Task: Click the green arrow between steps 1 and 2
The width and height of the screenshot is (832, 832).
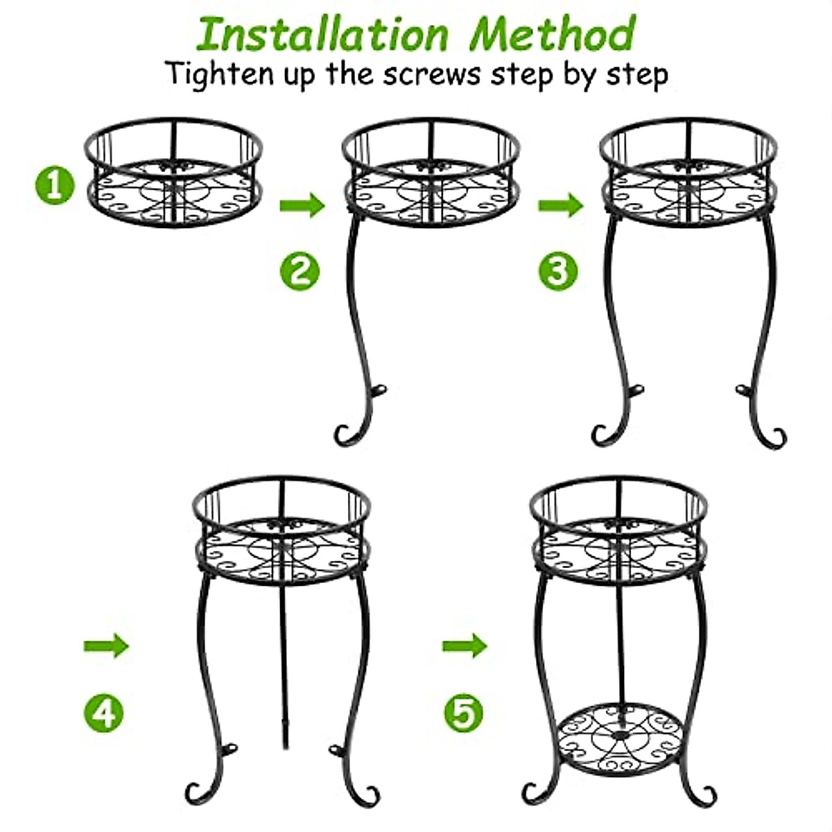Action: pyautogui.click(x=302, y=205)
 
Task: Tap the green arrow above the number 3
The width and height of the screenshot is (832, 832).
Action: pyautogui.click(x=560, y=205)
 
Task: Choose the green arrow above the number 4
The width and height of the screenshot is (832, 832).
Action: pyautogui.click(x=106, y=646)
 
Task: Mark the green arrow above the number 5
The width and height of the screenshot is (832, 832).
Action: pyautogui.click(x=465, y=646)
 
